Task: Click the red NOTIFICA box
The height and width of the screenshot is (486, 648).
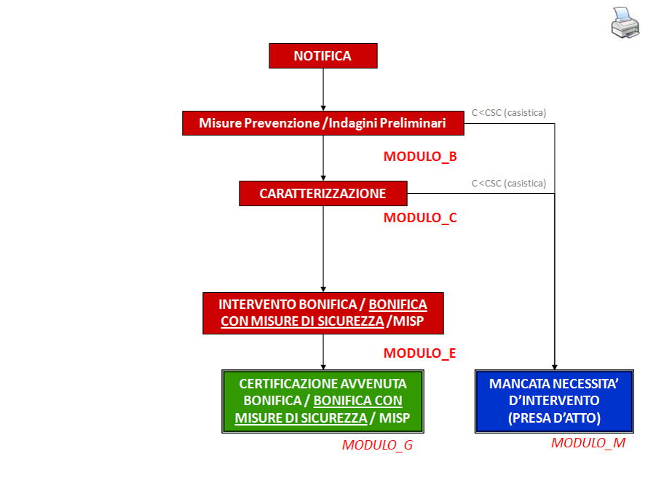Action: coord(323,56)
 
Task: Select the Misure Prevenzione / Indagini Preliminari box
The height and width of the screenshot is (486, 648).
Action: coord(323,123)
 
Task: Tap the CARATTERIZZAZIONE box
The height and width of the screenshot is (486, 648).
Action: coord(323,194)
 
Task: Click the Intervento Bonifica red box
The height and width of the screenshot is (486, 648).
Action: coord(323,313)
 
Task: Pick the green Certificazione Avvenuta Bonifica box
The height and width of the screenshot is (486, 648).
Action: coord(323,401)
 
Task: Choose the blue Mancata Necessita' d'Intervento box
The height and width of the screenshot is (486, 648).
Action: coord(554,401)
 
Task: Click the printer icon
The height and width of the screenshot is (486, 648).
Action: coord(624,23)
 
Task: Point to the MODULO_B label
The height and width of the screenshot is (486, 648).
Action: coord(420,156)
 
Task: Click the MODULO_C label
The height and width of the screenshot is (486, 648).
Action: coord(420,217)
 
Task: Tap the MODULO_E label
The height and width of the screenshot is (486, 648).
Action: coord(419,353)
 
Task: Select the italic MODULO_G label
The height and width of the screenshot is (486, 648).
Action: coord(377,445)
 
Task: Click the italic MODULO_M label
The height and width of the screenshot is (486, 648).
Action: coord(588,442)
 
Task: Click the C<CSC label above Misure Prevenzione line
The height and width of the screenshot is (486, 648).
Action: coord(509,112)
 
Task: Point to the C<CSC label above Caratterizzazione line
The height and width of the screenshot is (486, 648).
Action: coord(509,183)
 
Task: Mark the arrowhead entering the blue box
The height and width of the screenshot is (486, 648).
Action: coord(555,366)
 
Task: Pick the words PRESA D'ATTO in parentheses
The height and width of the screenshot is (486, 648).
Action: coord(554,418)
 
